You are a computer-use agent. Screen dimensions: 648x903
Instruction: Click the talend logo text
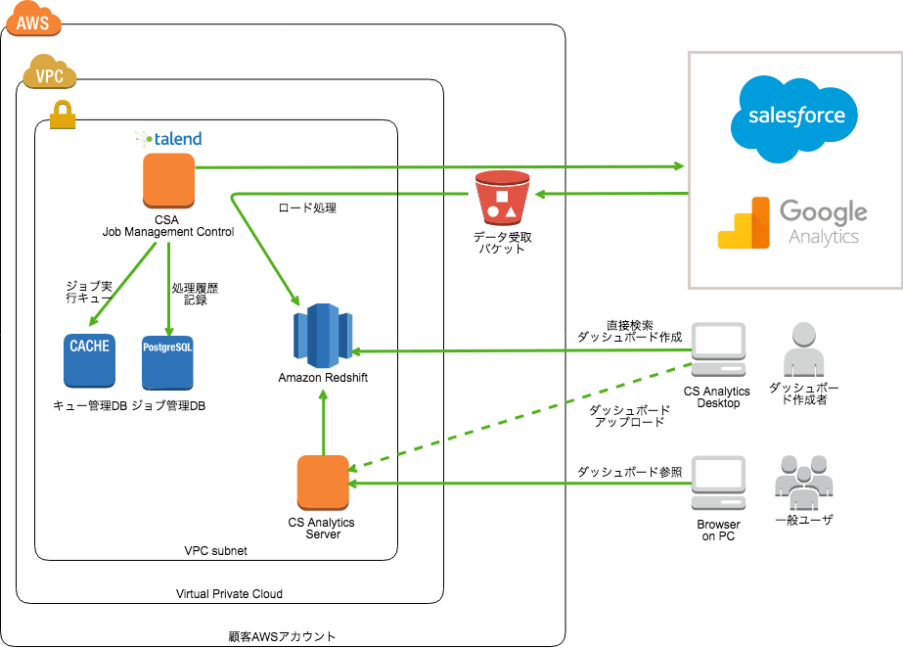coord(174,139)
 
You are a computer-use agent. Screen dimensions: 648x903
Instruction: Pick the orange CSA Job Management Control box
coord(169,181)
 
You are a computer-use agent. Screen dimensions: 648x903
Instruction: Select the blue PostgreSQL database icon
coord(168,360)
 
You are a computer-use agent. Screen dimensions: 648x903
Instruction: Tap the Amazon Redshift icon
coord(323,333)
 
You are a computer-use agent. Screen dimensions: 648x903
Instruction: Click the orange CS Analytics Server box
coord(323,483)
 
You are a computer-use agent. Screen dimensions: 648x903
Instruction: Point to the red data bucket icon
coord(500,198)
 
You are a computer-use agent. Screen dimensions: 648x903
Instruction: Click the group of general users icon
coord(803,481)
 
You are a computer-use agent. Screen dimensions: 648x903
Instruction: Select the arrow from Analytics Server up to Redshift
coord(323,421)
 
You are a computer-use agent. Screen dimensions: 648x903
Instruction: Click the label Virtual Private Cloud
coord(229,594)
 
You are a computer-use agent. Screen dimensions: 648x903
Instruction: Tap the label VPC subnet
coord(215,551)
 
